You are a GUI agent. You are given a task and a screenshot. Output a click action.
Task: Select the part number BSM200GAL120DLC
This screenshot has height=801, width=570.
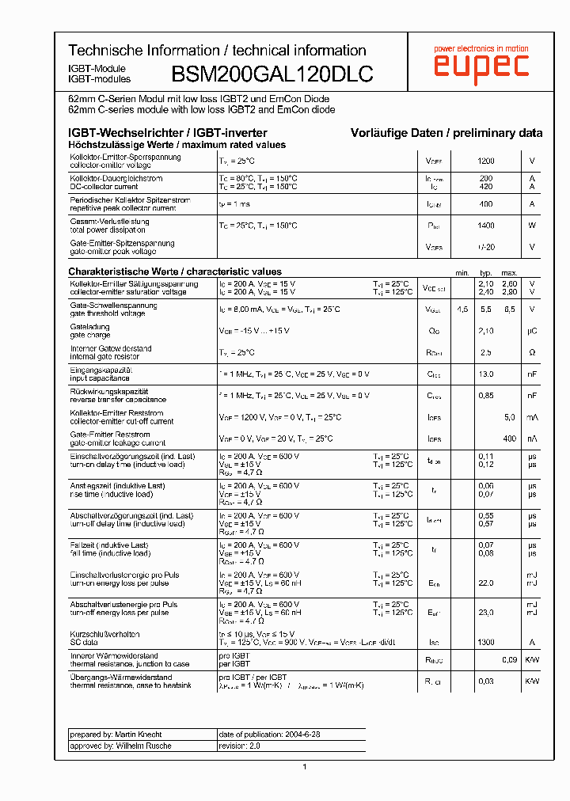pos(272,74)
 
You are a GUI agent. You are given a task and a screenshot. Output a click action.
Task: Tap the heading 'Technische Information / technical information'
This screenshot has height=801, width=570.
pos(217,51)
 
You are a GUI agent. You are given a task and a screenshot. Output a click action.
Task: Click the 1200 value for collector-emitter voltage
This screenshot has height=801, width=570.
pos(485,161)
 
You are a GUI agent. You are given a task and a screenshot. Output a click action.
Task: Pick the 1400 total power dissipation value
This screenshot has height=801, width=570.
pos(485,226)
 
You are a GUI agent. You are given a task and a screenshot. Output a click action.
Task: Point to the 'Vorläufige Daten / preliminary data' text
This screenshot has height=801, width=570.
pos(446,133)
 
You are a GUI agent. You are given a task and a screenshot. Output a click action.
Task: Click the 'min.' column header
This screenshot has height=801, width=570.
pos(462,273)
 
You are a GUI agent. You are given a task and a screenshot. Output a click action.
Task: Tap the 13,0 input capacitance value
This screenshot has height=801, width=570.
pos(485,374)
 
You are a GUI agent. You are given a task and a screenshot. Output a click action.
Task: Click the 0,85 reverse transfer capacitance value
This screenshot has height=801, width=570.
pos(485,395)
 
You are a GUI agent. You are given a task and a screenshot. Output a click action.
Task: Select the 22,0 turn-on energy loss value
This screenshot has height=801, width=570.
pos(485,583)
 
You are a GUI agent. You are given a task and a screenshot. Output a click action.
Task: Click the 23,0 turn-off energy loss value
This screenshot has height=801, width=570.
pos(485,612)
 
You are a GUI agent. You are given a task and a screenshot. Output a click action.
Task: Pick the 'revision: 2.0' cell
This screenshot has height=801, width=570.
pos(239,746)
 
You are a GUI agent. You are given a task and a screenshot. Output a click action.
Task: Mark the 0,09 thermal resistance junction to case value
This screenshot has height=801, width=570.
pos(509,659)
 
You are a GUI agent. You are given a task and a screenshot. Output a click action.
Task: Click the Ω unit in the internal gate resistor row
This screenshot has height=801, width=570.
pos(532,352)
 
